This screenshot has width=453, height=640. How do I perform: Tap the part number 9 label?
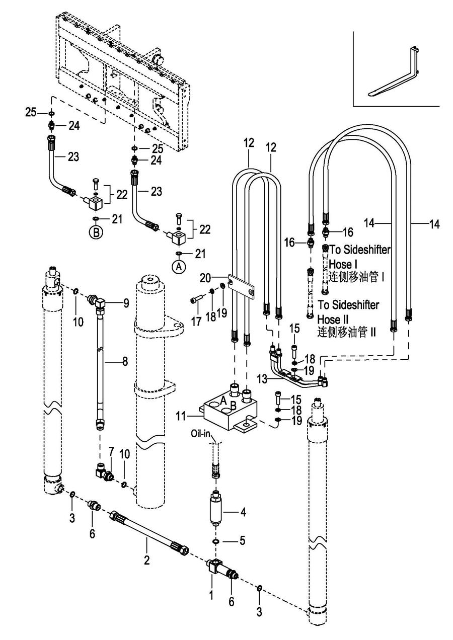125,303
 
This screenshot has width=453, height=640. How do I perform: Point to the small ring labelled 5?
215,542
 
